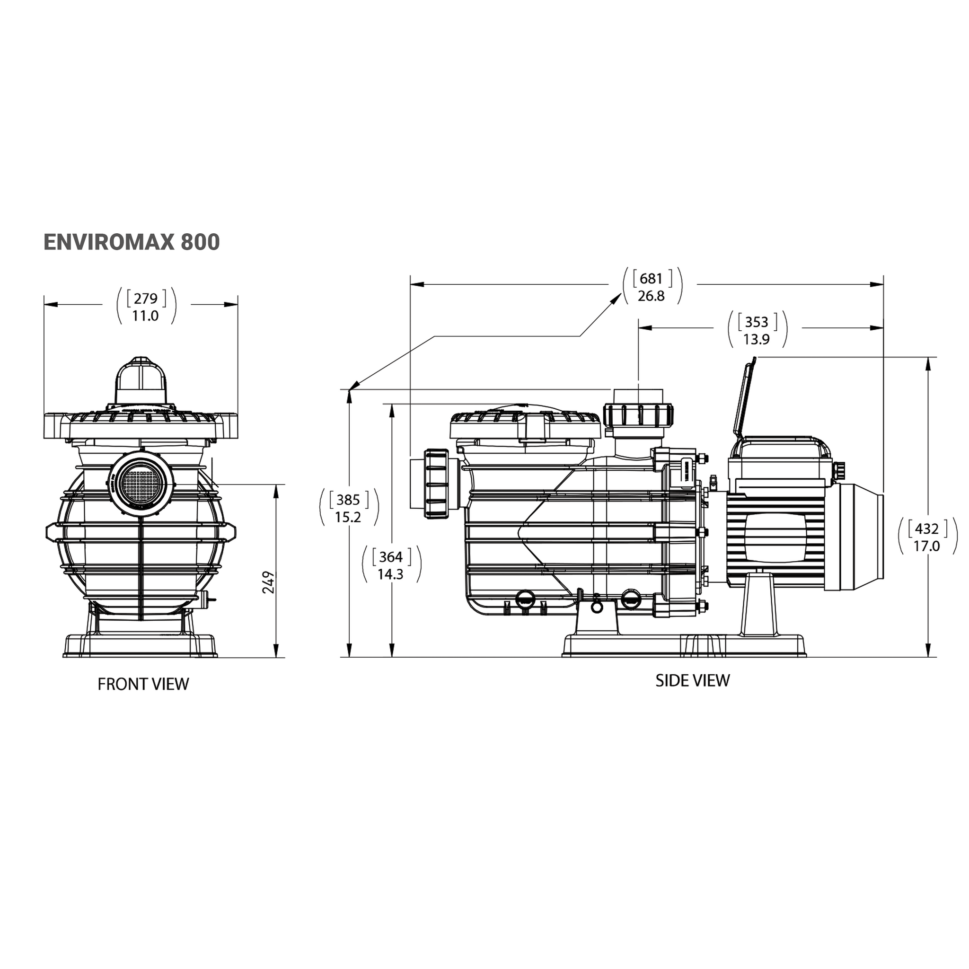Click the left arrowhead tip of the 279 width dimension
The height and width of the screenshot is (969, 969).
[x=44, y=304]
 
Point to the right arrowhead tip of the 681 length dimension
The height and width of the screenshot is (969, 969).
[x=884, y=284]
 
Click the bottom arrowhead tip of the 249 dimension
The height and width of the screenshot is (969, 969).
[x=276, y=657]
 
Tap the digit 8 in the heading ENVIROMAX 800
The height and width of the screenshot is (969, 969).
[x=186, y=242]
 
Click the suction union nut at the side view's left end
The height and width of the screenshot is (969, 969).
[x=436, y=484]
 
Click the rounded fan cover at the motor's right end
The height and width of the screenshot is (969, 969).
[x=858, y=535]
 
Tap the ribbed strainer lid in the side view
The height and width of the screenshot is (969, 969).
[x=525, y=425]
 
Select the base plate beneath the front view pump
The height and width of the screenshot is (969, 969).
[x=141, y=646]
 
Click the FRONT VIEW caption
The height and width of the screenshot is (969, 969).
[x=143, y=684]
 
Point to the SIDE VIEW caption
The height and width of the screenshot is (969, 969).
[x=693, y=680]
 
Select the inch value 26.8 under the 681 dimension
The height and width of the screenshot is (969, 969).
[x=651, y=296]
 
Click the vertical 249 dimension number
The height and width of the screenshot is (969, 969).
[x=269, y=582]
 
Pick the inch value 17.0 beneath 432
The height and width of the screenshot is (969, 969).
[x=926, y=546]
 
